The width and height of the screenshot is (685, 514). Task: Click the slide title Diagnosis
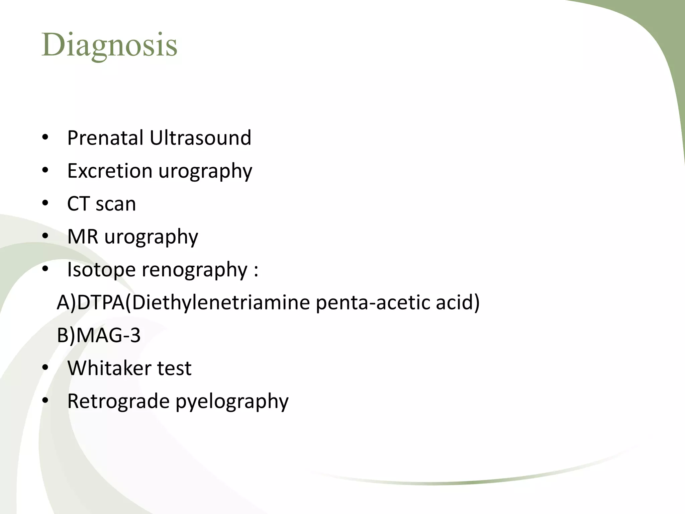tap(109, 45)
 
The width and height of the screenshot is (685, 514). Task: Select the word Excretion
tap(110, 171)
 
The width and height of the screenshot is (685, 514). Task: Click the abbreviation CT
tap(78, 203)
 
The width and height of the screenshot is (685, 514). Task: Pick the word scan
tap(116, 204)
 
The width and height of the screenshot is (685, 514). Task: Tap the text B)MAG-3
tap(99, 335)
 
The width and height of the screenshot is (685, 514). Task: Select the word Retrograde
tap(118, 401)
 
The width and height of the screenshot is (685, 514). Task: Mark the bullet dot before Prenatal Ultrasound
tap(45, 138)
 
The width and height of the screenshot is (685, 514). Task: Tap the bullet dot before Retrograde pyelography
tap(45, 401)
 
